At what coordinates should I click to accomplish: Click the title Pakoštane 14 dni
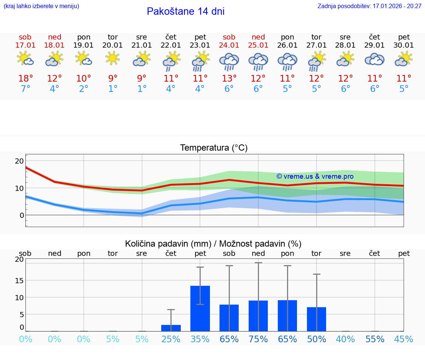[186, 11]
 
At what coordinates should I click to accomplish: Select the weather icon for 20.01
[113, 58]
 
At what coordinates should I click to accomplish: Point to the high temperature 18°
[25, 79]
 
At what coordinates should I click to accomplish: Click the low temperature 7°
[25, 89]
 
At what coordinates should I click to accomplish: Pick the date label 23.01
[200, 45]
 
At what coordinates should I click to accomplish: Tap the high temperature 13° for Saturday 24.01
[229, 79]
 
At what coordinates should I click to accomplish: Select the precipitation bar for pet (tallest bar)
[200, 308]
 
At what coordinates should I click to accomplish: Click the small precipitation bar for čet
[171, 328]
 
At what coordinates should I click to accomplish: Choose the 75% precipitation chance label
[258, 339]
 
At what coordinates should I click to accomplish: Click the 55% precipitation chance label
[375, 339]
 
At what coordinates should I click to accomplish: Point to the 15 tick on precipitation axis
[19, 280]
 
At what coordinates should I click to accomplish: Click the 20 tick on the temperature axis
[19, 161]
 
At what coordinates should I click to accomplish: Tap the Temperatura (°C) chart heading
[214, 148]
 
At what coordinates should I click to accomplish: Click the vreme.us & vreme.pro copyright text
[315, 176]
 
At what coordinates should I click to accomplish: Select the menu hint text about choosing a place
[41, 6]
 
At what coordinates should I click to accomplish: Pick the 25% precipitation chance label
[171, 339]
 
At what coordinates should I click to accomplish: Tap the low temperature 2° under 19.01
[84, 89]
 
